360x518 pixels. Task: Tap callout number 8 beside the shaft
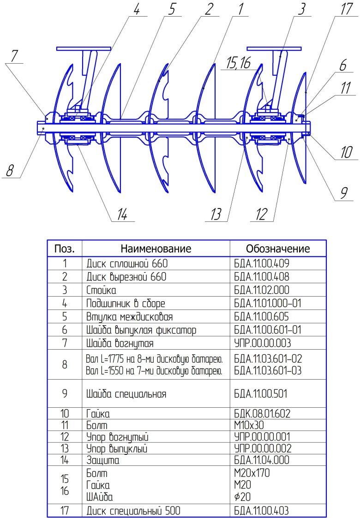tap(10, 172)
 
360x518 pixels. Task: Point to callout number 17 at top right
tap(346, 10)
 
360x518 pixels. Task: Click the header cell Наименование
tap(156, 249)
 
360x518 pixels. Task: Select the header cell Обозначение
tap(277, 249)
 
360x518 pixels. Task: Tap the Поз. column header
tap(65, 249)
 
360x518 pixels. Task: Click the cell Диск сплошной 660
tap(127, 264)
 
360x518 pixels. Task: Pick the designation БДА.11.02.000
tap(262, 291)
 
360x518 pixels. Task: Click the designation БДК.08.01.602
tap(262, 412)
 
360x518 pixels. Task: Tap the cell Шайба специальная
tap(126, 394)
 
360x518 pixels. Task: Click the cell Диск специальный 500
tap(133, 511)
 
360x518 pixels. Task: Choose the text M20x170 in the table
tap(252, 473)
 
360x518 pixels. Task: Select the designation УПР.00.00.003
tap(262, 344)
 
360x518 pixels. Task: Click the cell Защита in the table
tap(103, 460)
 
